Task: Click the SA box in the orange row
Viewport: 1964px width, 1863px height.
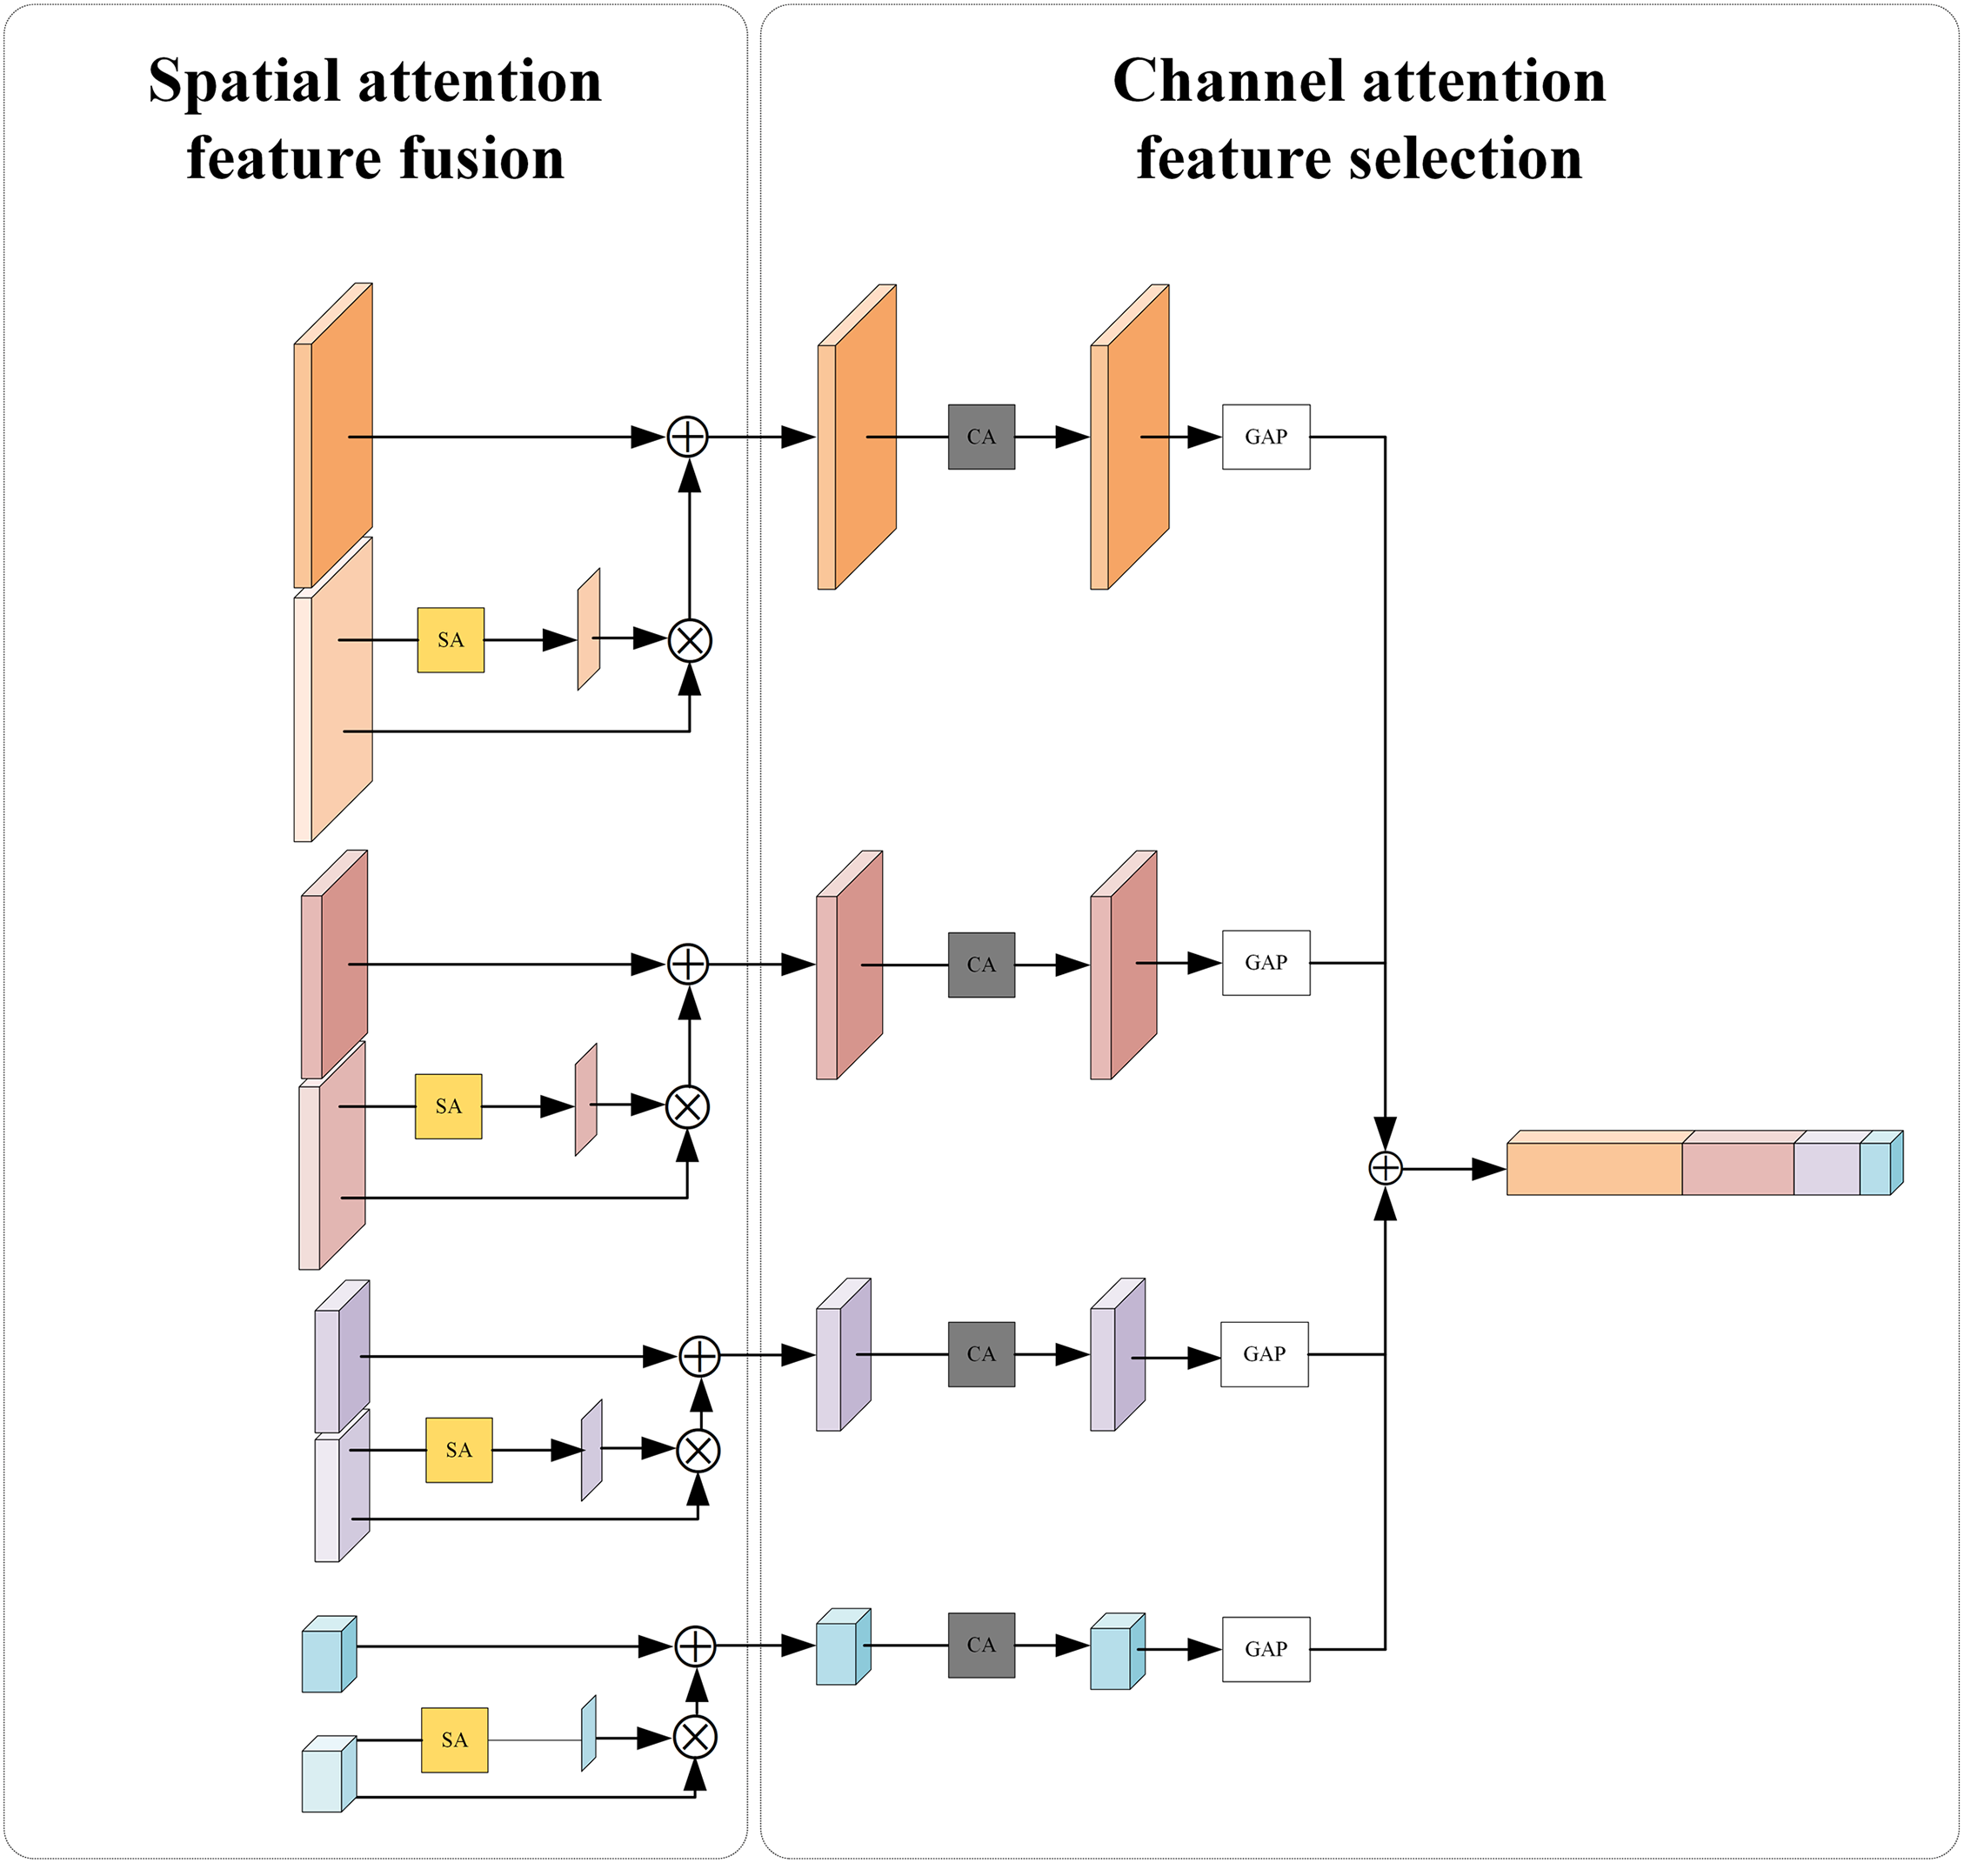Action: click(x=451, y=640)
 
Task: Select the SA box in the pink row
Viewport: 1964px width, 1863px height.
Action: click(x=449, y=1106)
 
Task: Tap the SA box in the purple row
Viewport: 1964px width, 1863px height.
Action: click(x=458, y=1450)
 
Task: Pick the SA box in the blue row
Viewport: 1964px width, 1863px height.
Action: click(x=455, y=1739)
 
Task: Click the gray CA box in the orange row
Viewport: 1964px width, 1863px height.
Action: click(x=981, y=437)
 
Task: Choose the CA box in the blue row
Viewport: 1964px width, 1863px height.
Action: click(x=981, y=1645)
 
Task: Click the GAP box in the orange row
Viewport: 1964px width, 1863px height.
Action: click(x=1266, y=437)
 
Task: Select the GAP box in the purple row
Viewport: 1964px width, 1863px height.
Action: click(x=1264, y=1353)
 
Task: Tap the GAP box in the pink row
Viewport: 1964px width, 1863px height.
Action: click(x=1266, y=962)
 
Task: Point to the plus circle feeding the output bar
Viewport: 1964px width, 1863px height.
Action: click(x=1385, y=1169)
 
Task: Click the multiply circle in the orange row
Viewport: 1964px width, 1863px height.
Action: click(x=690, y=640)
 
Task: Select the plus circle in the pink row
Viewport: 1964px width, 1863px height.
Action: click(x=688, y=965)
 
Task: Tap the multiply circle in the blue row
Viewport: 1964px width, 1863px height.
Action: click(x=695, y=1737)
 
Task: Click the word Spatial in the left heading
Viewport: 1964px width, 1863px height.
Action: click(x=245, y=82)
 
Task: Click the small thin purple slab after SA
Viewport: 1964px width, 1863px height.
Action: click(x=591, y=1450)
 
